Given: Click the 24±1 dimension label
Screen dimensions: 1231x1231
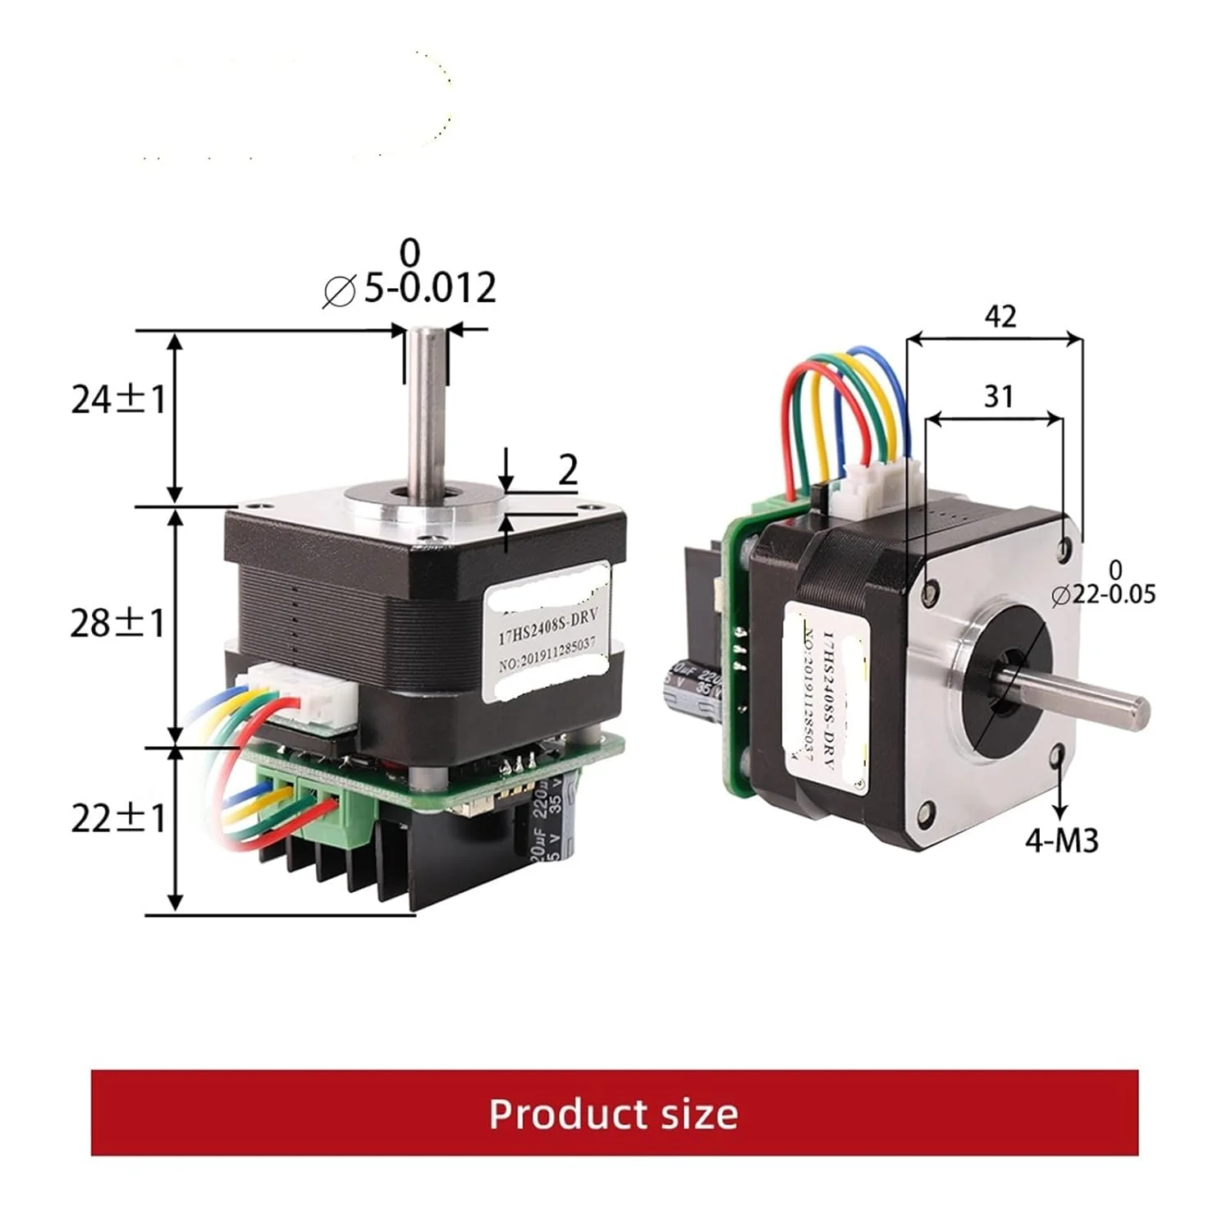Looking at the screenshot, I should tap(118, 400).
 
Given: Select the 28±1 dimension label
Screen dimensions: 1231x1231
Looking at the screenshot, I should tap(117, 624).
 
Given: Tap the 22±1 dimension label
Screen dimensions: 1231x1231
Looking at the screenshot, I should tap(118, 818).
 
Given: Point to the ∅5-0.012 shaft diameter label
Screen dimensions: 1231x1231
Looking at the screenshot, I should tap(410, 287).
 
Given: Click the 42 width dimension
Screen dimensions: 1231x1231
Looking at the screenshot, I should tap(1000, 316).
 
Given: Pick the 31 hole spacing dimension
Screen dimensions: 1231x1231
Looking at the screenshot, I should tap(999, 396).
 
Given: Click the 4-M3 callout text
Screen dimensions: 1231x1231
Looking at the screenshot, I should tap(1061, 840).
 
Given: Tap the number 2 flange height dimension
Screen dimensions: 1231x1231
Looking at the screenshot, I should tap(568, 470).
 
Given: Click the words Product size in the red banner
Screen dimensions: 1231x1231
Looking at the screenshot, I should tap(614, 1114).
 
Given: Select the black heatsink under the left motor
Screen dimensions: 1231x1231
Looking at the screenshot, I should tap(345, 870).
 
